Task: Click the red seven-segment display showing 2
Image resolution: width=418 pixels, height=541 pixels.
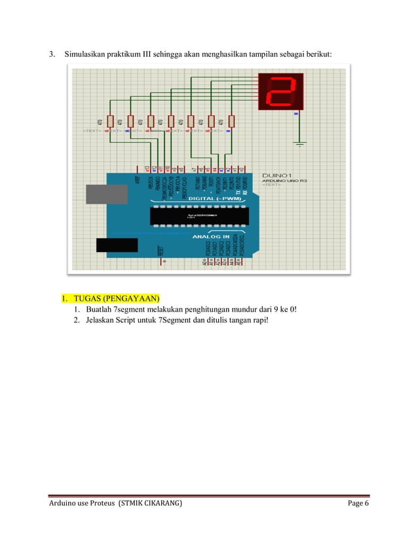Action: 282,92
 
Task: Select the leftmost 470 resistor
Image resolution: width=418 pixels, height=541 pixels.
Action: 110,122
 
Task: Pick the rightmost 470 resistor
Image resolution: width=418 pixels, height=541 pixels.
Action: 231,122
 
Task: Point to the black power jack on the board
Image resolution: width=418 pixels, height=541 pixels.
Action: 117,245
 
